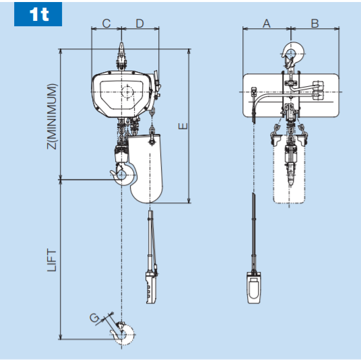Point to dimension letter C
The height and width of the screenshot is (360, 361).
(x=106, y=24)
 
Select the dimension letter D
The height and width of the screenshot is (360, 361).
(x=139, y=24)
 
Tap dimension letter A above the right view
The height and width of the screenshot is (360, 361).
(x=266, y=24)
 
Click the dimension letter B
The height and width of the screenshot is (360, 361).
(x=315, y=24)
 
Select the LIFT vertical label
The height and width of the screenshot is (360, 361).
(x=52, y=259)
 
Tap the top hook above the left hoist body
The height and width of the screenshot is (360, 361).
(x=122, y=54)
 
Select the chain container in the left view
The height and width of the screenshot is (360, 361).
(x=147, y=168)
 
